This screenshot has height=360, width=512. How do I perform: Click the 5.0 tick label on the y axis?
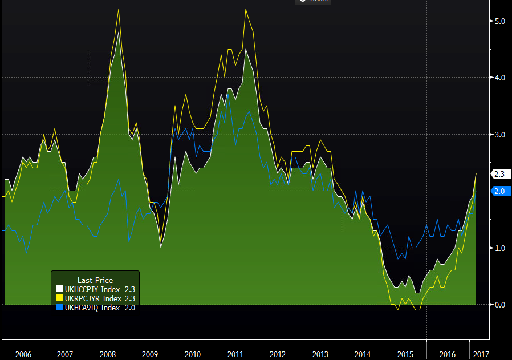(499, 21)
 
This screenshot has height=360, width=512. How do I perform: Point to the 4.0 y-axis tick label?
(499, 78)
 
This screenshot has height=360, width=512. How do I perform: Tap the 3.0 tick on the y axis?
(499, 134)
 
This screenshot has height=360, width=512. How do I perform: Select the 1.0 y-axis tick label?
(499, 248)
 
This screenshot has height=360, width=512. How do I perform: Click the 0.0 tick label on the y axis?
(499, 304)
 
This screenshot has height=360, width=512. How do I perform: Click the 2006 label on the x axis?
(23, 354)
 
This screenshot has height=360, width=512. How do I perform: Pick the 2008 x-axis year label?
(108, 354)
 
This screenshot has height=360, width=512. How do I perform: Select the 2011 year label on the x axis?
(235, 354)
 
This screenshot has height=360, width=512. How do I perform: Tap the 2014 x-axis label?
(363, 354)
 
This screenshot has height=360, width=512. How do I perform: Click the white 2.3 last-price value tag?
(499, 174)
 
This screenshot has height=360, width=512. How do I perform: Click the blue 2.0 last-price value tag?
(499, 191)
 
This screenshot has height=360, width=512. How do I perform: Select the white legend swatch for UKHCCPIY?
(59, 289)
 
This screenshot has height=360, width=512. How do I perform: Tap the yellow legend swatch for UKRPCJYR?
(59, 298)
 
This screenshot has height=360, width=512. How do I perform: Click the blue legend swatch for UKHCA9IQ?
(59, 308)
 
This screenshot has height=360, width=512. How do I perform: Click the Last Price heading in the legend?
(95, 280)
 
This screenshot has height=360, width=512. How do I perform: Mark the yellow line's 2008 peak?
(118, 9)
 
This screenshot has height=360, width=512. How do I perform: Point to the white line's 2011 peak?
(246, 49)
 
